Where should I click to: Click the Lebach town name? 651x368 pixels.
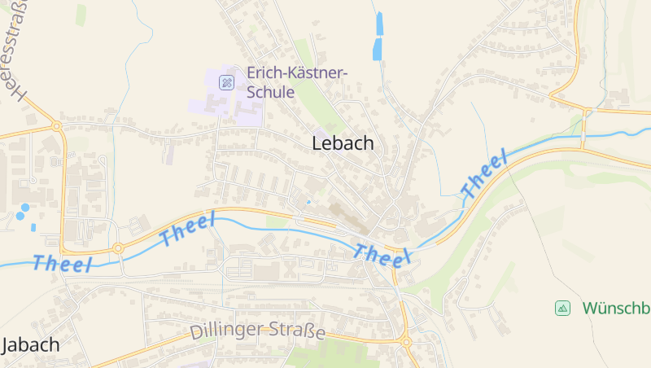[343, 144]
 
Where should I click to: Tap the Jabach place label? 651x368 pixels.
[31, 344]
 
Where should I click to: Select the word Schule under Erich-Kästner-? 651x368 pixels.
[269, 92]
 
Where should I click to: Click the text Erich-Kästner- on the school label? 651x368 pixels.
[297, 73]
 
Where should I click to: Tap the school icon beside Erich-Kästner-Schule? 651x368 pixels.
[227, 81]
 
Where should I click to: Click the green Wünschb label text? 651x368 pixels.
[616, 308]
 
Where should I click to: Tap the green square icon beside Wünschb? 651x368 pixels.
[561, 308]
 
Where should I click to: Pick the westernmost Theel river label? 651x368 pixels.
[63, 263]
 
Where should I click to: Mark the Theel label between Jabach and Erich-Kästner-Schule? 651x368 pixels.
[188, 230]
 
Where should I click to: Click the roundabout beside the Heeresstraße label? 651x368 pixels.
[56, 126]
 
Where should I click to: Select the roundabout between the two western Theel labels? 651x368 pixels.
[118, 247]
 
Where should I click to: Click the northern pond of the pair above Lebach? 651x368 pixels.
[378, 24]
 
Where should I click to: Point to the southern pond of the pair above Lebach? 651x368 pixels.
[377, 49]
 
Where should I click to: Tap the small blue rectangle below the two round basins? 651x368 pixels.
[33, 227]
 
